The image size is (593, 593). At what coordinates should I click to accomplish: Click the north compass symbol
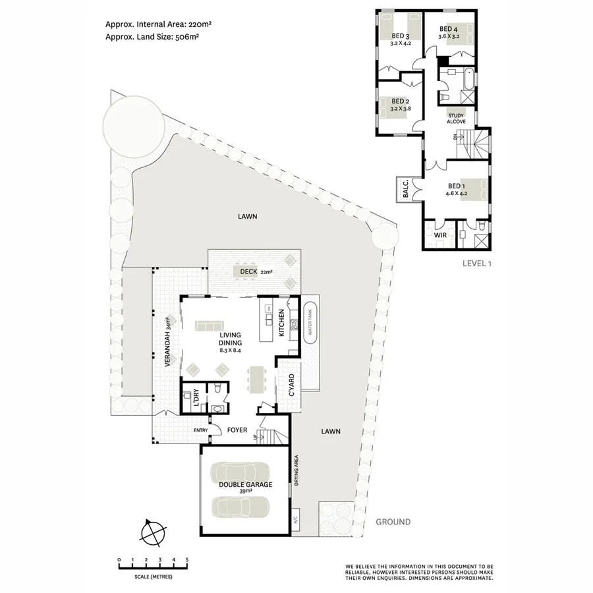point(153,530)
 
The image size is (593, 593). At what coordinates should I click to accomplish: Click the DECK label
point(248,271)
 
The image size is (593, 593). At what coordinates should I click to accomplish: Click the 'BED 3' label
point(401,36)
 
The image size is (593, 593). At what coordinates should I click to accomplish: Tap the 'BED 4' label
point(448,30)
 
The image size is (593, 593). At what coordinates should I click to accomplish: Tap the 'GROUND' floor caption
point(393,522)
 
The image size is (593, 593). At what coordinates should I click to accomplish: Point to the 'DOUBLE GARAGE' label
point(245,485)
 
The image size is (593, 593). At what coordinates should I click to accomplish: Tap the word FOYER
point(237,430)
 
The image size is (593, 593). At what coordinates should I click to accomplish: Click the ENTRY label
point(200,431)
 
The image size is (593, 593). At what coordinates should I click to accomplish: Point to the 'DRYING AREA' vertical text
point(296,470)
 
